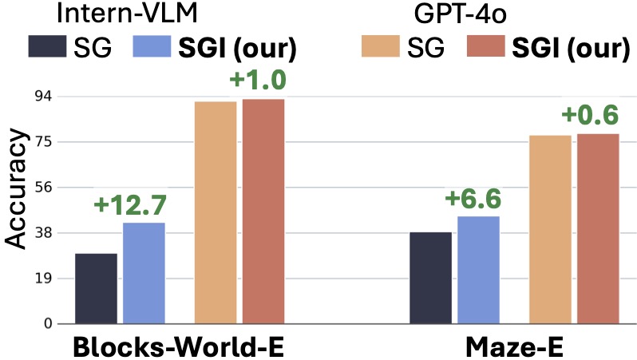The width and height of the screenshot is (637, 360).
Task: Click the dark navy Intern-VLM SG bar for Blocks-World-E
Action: pos(97,288)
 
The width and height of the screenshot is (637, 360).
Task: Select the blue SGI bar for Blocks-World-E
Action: pos(144,273)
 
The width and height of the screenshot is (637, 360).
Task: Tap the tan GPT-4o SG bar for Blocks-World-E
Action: pos(216,212)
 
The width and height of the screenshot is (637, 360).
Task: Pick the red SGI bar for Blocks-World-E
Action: pos(263,211)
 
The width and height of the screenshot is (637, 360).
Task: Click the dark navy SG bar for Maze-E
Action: pos(430,278)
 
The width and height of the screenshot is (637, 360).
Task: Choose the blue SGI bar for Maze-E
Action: pos(478,270)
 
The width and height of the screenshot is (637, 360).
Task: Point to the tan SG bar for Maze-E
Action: pos(551,230)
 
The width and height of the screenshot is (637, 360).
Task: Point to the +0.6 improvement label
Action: pos(591,116)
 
